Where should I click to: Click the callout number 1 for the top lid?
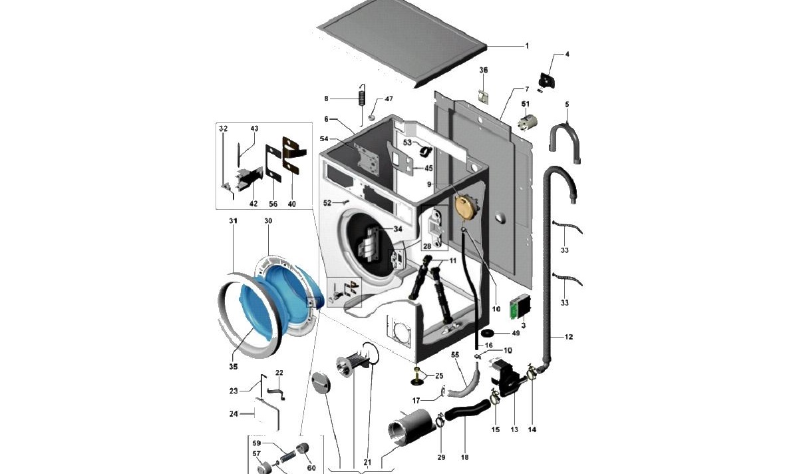click(527, 46)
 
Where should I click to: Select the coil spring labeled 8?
click(361, 98)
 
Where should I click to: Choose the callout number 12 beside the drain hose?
click(568, 337)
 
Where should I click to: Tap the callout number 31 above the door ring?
click(233, 220)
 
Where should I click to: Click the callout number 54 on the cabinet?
click(324, 138)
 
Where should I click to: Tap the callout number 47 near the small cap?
click(389, 99)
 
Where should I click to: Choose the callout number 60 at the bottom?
click(311, 467)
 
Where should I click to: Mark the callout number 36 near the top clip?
click(484, 70)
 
